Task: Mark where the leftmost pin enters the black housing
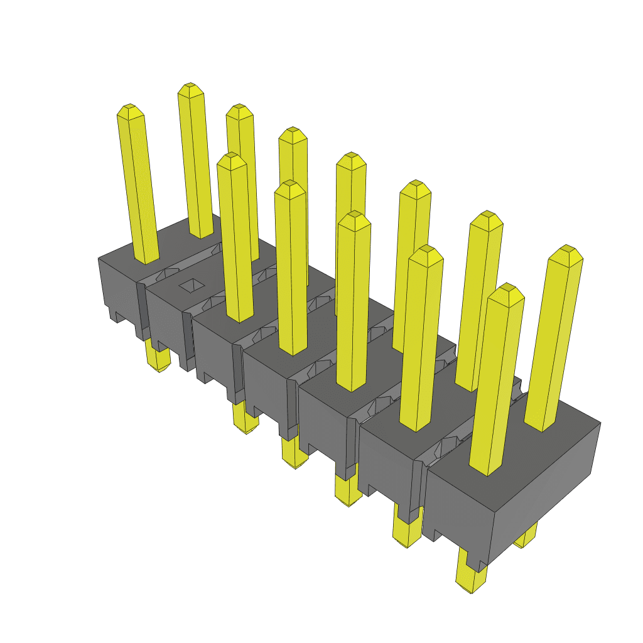click(146, 258)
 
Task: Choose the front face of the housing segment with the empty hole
click(164, 320)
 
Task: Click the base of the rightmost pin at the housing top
click(541, 424)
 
